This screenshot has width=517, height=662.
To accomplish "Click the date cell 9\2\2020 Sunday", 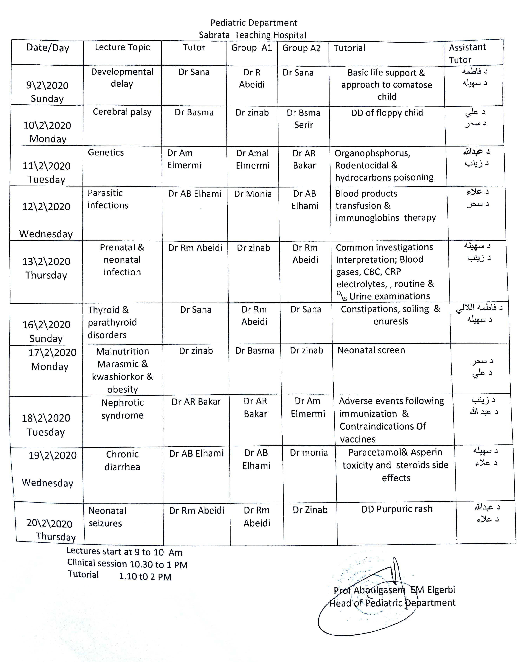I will tap(47, 92).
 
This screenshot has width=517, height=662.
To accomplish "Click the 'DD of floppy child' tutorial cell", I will tap(387, 113).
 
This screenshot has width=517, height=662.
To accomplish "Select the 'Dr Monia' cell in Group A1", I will tap(253, 194).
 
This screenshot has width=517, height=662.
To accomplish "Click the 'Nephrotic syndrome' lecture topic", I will tap(122, 409).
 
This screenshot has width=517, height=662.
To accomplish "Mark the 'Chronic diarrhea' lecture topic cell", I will tap(122, 460).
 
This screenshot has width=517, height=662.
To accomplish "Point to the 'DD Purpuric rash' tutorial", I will tap(396, 509).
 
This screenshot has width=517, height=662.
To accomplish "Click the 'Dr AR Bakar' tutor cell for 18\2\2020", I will tap(196, 402).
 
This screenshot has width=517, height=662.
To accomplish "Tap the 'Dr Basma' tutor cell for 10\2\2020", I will tap(194, 112).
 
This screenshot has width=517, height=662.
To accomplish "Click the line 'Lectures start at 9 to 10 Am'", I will tap(124, 552).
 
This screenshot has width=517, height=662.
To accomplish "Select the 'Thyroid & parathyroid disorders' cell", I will tap(112, 322).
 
